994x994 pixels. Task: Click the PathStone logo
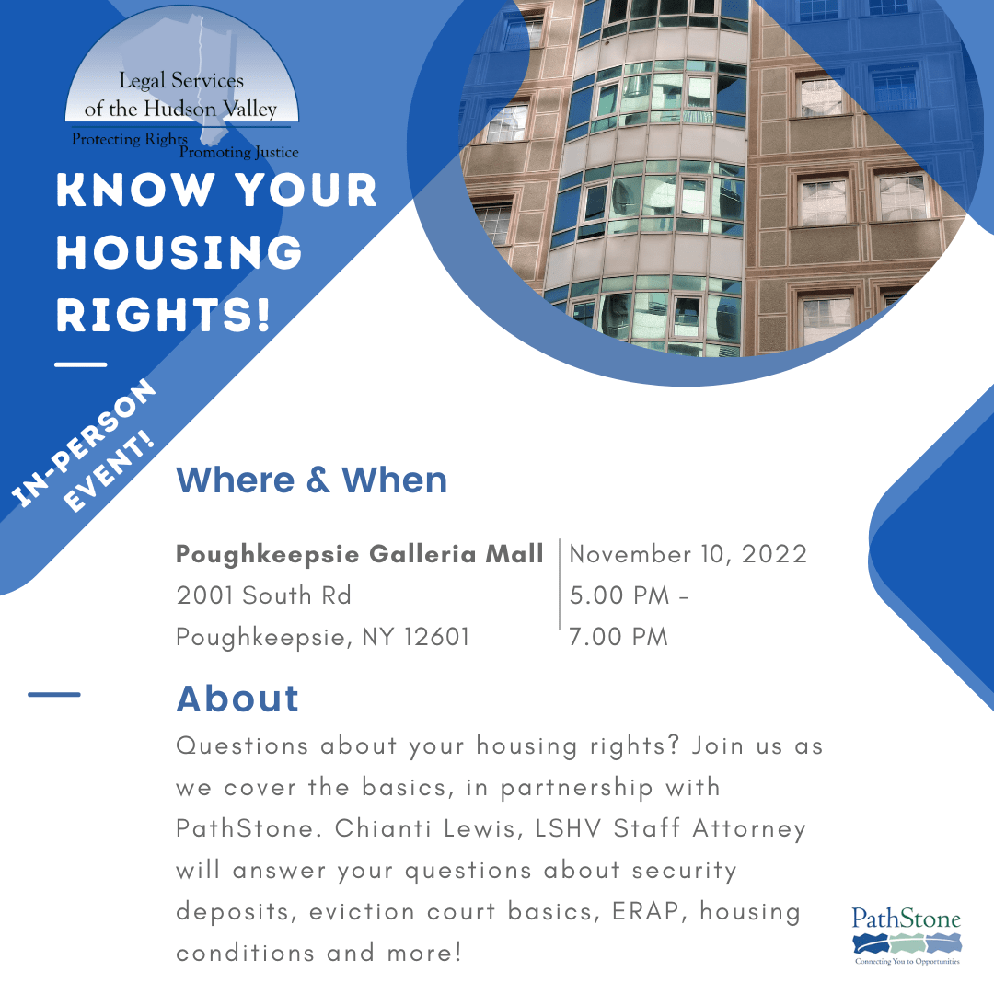pos(907,936)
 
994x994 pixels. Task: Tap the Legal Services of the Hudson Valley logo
pos(182,84)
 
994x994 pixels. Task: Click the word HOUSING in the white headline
pos(179,252)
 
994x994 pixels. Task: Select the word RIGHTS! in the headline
pos(164,315)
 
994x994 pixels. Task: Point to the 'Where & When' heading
pos(311,480)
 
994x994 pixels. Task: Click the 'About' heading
pos(237,699)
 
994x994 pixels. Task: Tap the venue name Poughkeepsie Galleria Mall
pos(360,554)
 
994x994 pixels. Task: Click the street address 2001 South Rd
pos(263,595)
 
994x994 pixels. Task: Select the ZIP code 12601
pos(437,637)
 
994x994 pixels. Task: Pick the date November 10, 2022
pos(688,554)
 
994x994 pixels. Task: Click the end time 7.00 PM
pos(618,637)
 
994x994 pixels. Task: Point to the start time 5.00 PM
pos(619,595)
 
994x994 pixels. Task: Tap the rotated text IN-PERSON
pos(84,443)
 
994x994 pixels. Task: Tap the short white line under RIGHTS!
pos(80,364)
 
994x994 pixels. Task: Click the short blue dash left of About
pos(54,695)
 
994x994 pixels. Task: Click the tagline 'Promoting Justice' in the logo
pos(239,152)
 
